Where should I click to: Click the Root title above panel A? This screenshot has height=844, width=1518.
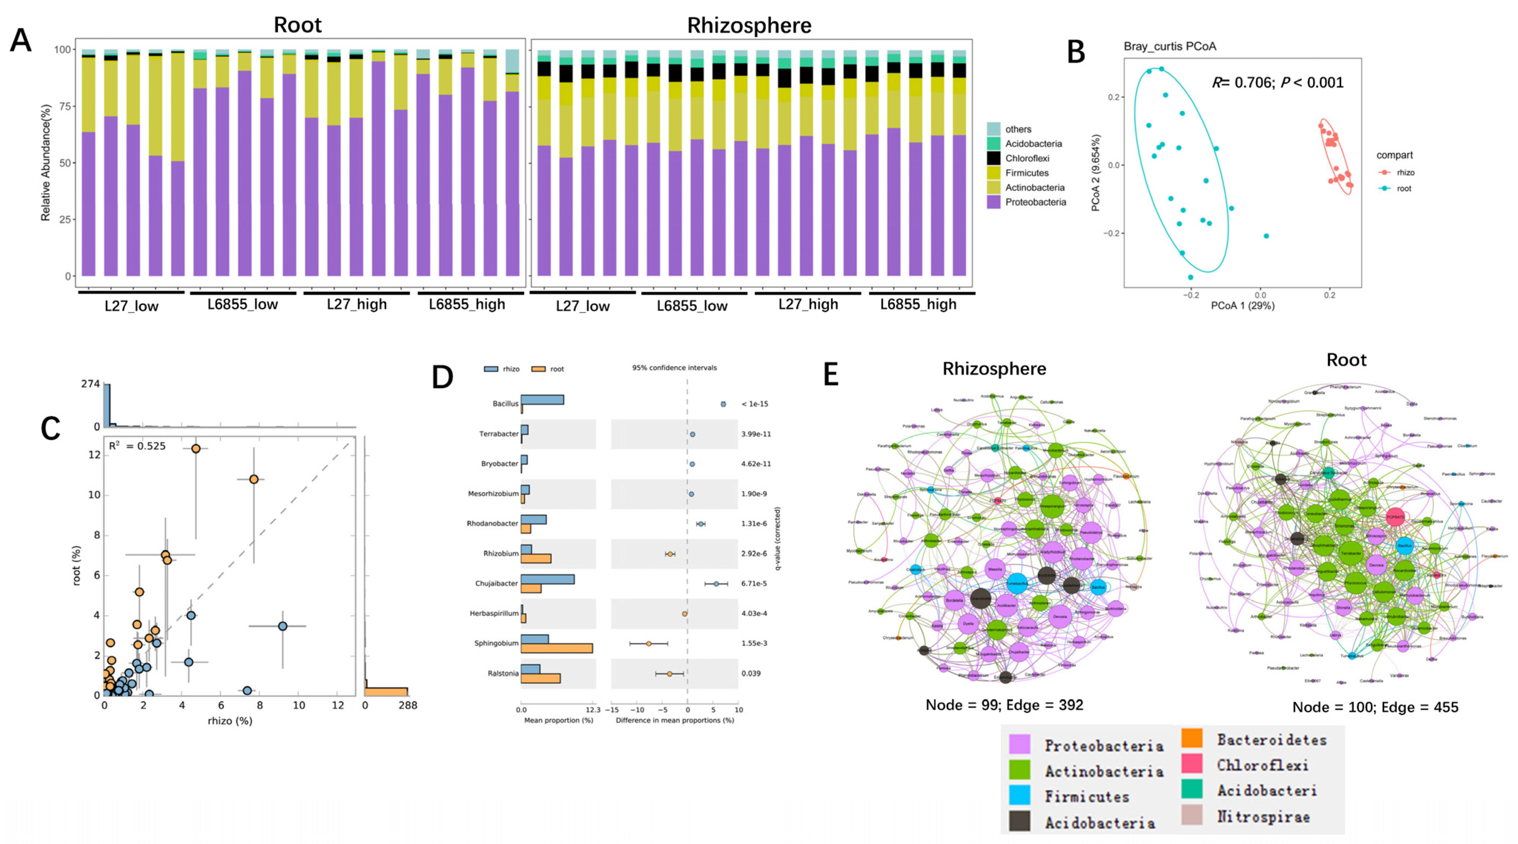click(297, 25)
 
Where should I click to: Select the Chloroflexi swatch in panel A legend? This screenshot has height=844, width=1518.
click(993, 158)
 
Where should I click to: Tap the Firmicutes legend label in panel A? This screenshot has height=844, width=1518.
click(1027, 173)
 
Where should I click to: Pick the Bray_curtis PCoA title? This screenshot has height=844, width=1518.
click(1170, 46)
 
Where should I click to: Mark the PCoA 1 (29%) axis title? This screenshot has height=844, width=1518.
click(1242, 306)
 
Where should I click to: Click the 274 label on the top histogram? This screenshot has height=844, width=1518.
click(90, 384)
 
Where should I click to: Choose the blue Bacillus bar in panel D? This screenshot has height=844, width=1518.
click(542, 400)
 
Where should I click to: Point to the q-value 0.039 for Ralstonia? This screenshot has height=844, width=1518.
click(751, 673)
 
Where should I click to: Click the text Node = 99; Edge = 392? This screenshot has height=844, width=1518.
click(1004, 704)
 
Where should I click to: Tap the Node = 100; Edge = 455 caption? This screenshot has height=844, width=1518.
click(1375, 707)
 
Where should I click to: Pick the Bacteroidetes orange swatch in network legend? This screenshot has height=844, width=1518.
click(1192, 738)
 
